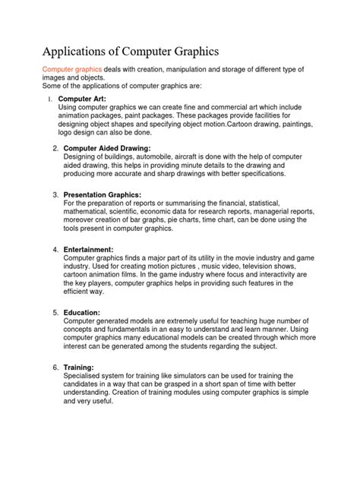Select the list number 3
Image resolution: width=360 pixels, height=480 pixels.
tap(56, 195)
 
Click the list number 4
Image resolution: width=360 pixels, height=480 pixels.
tap(56, 249)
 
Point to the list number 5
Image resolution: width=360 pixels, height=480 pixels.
tap(56, 312)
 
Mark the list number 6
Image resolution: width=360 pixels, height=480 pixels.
tap(56, 367)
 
